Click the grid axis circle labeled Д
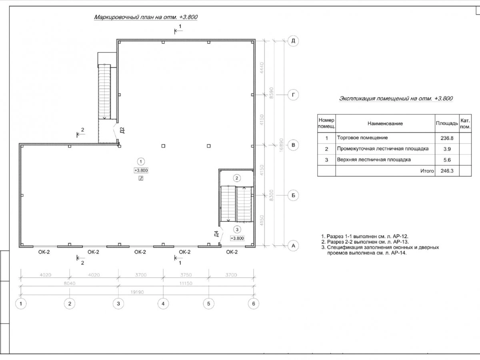(293, 41)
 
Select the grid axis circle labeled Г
(293, 95)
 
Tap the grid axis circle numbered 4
(162, 304)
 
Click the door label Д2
(122, 130)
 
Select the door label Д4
(216, 234)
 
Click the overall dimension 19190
(138, 292)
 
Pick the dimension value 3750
(185, 275)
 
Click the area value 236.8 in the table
(447, 138)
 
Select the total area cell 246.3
(447, 171)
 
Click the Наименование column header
(385, 124)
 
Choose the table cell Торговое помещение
(362, 138)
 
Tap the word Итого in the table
(427, 171)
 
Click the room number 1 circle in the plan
(141, 162)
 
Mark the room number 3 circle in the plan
(237, 229)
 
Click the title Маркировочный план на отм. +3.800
(146, 17)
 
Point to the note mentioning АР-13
(365, 242)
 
